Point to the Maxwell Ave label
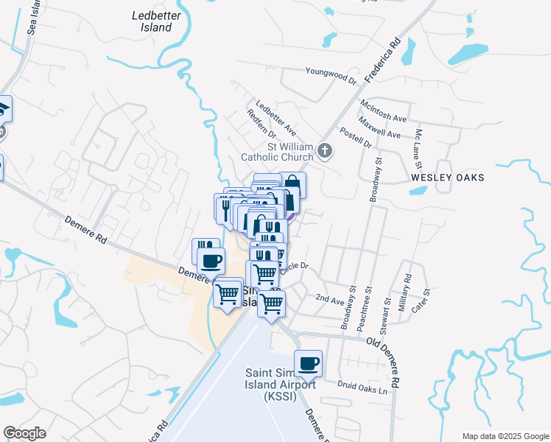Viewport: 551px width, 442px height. coord(379,127)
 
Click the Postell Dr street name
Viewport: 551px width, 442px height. coord(356,136)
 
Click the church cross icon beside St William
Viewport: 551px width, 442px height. coord(326,152)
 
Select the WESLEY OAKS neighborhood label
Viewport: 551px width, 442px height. coord(447,178)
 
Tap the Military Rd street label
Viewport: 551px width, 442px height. coord(404,293)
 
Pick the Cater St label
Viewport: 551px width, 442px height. coord(421,302)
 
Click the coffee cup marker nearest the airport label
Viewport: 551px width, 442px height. coord(308,362)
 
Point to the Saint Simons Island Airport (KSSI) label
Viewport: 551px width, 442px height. coord(281,385)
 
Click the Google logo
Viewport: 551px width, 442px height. coord(24,432)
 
